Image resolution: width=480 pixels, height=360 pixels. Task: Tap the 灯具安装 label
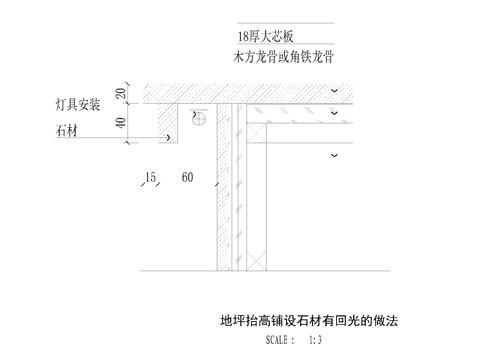coord(78,103)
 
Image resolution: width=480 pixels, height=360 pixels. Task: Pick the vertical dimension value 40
coord(121,124)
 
